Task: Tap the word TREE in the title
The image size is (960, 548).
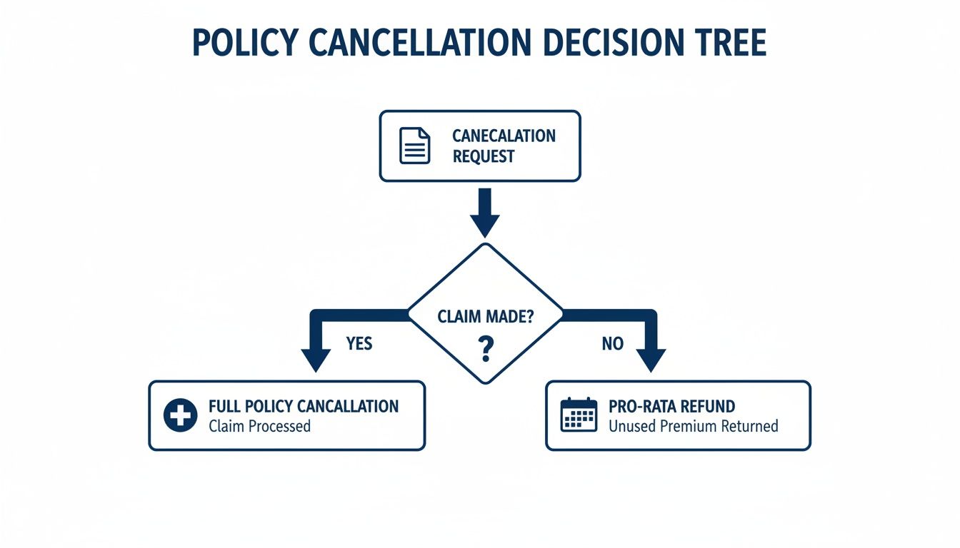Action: point(730,44)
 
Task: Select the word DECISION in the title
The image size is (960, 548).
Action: point(608,44)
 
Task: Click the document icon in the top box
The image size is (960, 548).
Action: point(415,146)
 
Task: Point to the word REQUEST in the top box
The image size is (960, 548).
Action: point(484,157)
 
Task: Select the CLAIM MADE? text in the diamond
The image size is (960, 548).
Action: point(485,317)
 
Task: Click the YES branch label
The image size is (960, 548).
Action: point(359,344)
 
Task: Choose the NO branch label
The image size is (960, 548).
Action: point(612,344)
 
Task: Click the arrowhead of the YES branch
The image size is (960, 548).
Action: point(315,360)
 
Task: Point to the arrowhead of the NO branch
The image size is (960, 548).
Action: point(651,360)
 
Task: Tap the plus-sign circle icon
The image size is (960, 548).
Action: point(180,415)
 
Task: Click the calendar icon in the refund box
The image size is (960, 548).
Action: point(579,415)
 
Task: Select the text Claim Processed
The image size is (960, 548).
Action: point(259,427)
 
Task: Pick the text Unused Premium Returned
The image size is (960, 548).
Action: point(693,427)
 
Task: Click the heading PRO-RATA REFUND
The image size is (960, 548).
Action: point(671,407)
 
